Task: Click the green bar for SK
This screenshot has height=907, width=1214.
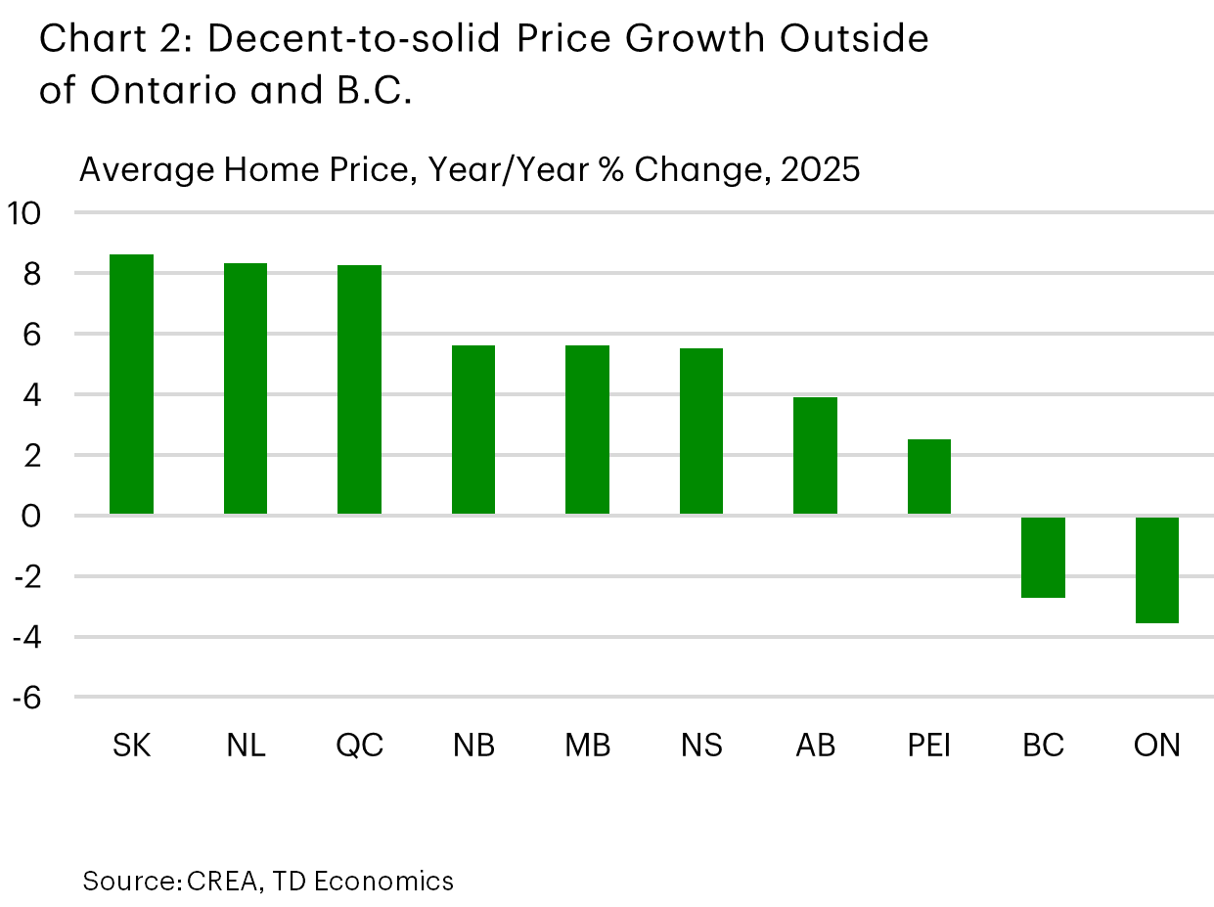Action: pos(131,384)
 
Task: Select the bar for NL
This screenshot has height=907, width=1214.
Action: pos(246,388)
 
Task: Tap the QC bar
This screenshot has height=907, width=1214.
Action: pos(359,389)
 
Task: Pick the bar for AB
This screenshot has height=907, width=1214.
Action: pos(815,455)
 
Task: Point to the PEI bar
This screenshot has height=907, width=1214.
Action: pos(928,476)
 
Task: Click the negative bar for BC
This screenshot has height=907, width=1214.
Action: pos(1043,557)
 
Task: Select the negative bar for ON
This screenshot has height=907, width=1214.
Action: pos(1156,569)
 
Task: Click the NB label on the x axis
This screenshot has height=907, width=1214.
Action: pos(473,746)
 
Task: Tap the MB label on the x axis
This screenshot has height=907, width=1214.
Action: pos(587,746)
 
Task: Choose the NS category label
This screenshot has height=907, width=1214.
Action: pos(701,746)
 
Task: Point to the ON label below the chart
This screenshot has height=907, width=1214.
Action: pos(1157,746)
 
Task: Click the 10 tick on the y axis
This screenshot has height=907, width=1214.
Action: pos(25,212)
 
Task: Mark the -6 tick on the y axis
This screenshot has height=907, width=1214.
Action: pos(27,698)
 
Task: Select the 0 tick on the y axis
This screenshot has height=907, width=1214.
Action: pos(33,516)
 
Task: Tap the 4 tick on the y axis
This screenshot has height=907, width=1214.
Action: pos(33,394)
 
